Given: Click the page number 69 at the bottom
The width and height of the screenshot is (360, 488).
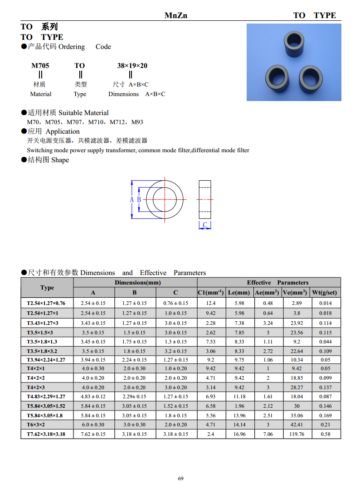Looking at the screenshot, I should click(180, 478).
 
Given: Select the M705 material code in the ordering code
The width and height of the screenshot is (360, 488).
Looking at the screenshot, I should click(40, 66).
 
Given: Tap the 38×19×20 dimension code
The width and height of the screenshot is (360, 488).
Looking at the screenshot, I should click(132, 66).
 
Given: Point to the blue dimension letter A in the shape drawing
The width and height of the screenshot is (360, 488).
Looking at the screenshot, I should click(132, 200).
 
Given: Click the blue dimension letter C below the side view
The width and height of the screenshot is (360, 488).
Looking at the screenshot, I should click(205, 225).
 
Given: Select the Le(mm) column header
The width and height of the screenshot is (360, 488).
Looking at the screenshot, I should click(239, 293).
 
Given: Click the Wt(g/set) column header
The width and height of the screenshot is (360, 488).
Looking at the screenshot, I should click(325, 293).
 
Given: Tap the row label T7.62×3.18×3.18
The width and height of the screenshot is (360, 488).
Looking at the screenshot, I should click(46, 434).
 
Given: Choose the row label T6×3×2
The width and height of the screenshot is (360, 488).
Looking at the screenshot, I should click(36, 425).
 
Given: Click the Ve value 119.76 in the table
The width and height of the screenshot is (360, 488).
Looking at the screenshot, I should click(297, 434).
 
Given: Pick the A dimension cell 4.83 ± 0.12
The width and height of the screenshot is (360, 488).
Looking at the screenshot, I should click(93, 396).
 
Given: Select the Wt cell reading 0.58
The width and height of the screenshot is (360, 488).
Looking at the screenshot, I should click(325, 434).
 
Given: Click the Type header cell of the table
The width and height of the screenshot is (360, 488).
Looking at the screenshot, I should click(47, 288).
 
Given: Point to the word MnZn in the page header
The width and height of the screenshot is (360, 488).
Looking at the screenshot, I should click(175, 15).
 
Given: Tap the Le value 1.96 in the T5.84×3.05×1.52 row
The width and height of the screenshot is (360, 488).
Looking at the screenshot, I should click(239, 406).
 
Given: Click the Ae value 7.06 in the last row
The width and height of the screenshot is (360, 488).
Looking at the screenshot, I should click(268, 434).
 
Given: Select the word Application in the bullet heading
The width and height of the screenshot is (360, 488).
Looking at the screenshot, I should click(63, 131).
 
